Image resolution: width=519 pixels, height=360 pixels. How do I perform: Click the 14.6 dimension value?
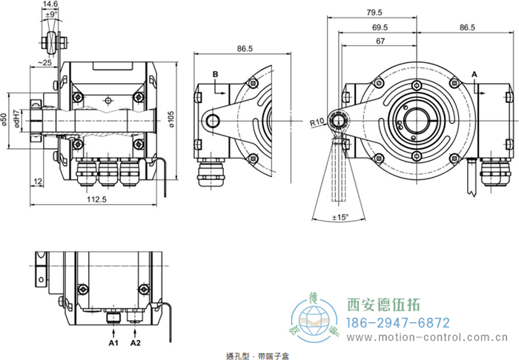coord(50,4)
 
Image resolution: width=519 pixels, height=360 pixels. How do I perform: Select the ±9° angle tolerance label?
coord(50,14)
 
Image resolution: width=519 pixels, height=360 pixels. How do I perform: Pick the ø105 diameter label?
coord(171,119)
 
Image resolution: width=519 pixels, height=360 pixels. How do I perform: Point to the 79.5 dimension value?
coord(374,13)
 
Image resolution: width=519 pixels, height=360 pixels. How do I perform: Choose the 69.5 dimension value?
coord(383,27)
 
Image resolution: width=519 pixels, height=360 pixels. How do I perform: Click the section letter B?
coord(215,74)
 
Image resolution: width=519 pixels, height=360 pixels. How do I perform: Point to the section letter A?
coord(475,74)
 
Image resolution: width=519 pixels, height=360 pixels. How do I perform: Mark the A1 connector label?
coord(113,344)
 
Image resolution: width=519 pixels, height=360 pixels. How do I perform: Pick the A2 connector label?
coord(136,344)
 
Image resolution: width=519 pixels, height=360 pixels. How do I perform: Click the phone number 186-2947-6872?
coord(399,323)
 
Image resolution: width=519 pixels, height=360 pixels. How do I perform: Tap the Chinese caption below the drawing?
coord(249,356)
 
